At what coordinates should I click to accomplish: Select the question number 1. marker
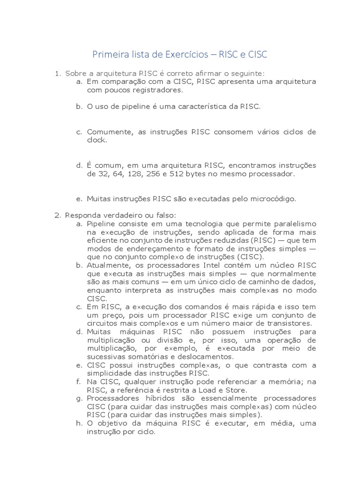(58, 73)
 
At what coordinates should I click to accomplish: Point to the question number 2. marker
(58, 215)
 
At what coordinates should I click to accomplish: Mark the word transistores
(289, 323)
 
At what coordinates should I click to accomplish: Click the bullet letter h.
(79, 423)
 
